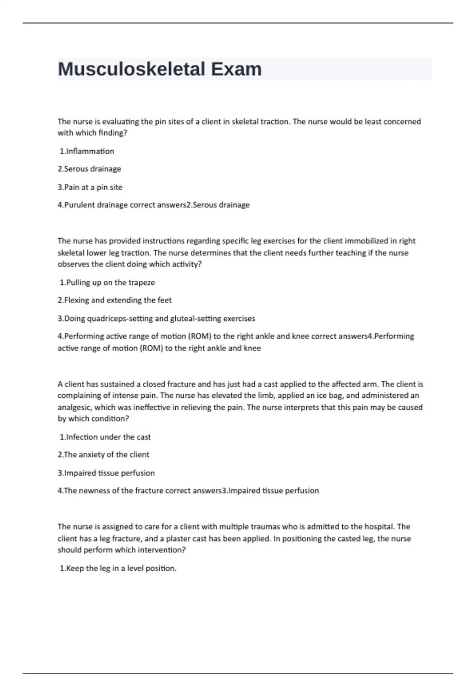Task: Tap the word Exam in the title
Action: (236, 69)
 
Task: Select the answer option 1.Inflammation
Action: (87, 151)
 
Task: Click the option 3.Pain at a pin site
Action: (90, 187)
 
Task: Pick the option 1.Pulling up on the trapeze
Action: (107, 282)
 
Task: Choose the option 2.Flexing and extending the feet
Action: (115, 300)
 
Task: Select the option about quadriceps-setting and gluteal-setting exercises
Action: (156, 318)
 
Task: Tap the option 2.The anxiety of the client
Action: (104, 455)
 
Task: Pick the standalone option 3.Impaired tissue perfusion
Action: (106, 473)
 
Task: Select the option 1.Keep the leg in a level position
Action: (118, 568)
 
